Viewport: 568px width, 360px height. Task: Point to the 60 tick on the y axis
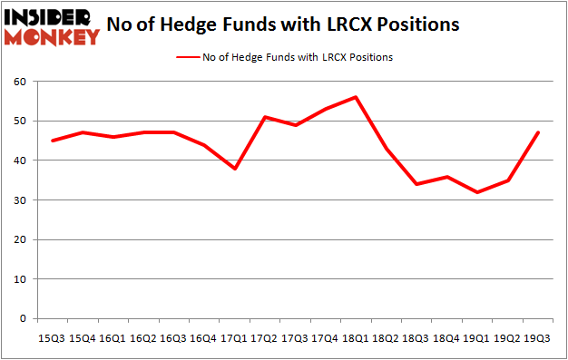pyautogui.click(x=20, y=82)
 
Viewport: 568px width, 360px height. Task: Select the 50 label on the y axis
pyautogui.click(x=20, y=121)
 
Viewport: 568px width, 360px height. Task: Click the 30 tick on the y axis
pyautogui.click(x=20, y=200)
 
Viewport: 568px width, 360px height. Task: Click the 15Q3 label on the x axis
pyautogui.click(x=52, y=337)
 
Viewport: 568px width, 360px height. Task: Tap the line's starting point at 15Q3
pyautogui.click(x=52, y=141)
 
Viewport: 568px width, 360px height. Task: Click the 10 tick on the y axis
pyautogui.click(x=20, y=279)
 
